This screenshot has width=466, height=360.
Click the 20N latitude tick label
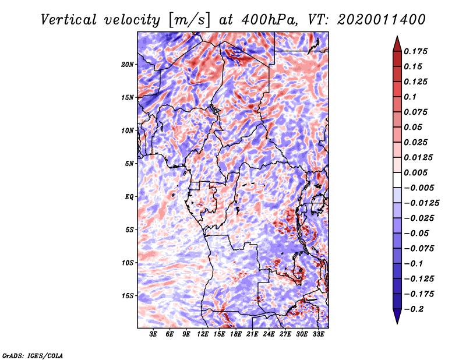tap(128, 64)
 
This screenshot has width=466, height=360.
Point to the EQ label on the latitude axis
tap(129, 196)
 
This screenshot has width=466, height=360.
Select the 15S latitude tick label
tap(128, 295)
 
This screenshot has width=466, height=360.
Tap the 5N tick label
tap(129, 163)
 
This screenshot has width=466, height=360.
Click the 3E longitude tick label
tap(153, 334)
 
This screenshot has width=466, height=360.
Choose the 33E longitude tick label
tap(319, 334)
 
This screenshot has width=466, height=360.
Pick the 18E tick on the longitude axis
tap(236, 334)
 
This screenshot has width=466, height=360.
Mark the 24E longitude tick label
tap(269, 334)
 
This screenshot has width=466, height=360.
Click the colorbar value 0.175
tap(418, 51)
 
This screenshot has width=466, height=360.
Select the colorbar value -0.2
tap(416, 309)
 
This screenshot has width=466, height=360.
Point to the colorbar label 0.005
tap(418, 172)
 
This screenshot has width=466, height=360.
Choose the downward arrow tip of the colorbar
tap(396, 322)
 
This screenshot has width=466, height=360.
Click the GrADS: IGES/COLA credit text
tap(33, 355)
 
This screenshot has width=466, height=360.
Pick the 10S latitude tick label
tap(128, 263)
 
